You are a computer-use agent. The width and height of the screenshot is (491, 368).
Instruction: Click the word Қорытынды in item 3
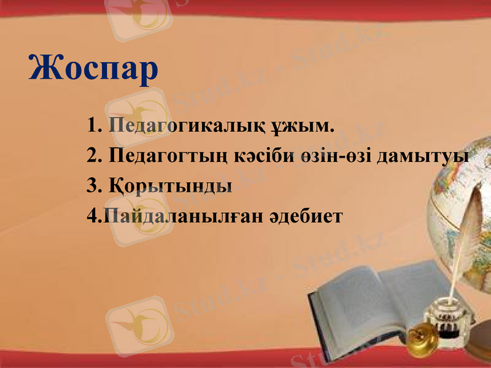tap(170, 185)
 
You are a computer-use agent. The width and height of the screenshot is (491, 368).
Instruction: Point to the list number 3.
tap(94, 185)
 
